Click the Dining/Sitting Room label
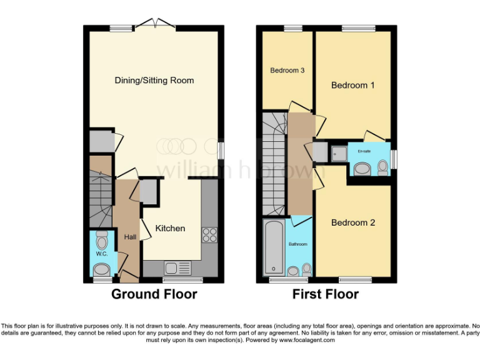pos(154,80)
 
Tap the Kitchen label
pos(170,228)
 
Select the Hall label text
pos(130,237)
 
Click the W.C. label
pos(101,254)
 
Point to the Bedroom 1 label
pos(352,85)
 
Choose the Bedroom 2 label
pos(352,222)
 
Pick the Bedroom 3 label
pos(287,71)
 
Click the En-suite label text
pos(363,151)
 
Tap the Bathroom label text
pos(297,244)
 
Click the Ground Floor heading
pos(154,294)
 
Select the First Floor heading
pos(326,294)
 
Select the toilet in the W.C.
pos(101,240)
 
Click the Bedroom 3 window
pos(292,28)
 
